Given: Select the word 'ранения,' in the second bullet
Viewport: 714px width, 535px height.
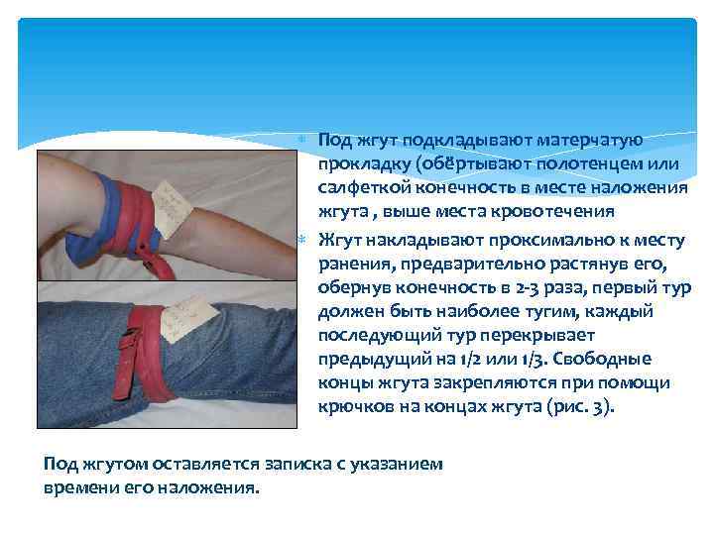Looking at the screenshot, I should tap(355, 264).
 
